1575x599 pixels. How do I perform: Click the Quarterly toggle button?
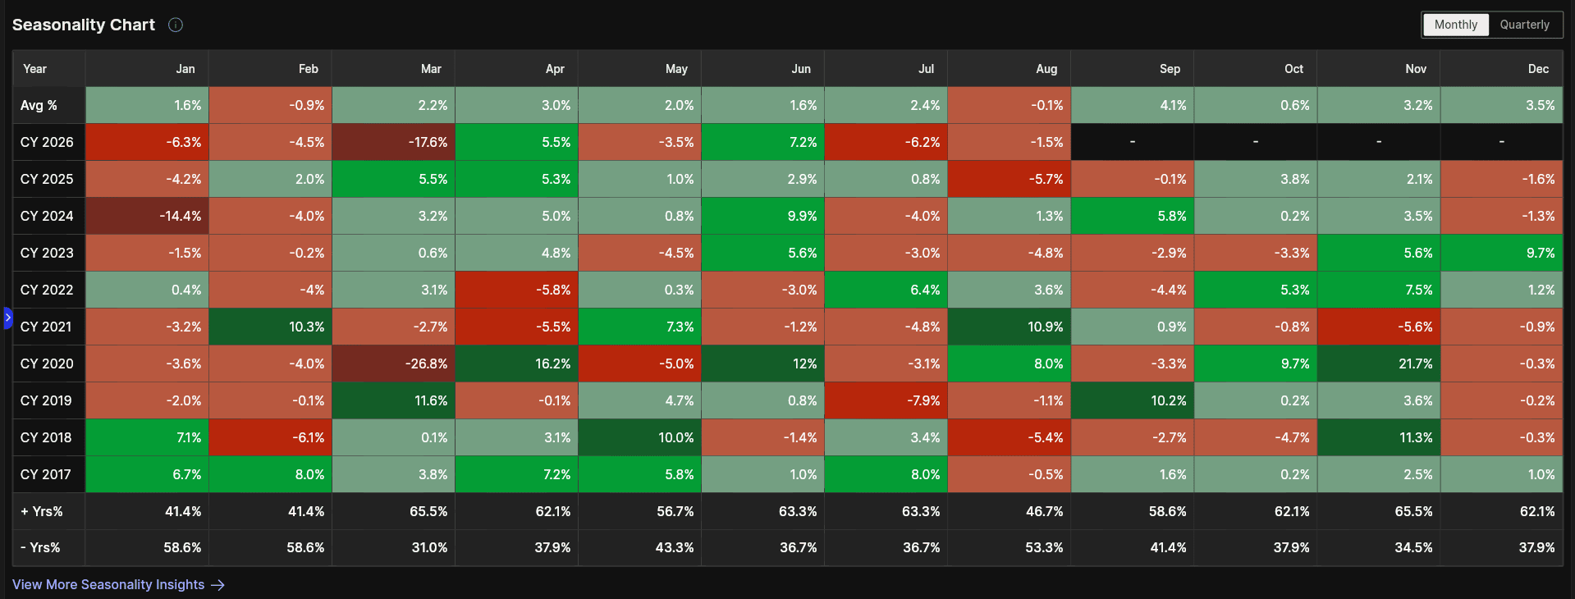tap(1525, 25)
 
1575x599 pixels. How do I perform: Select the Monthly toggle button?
tap(1456, 25)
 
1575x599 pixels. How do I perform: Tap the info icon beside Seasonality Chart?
tap(176, 25)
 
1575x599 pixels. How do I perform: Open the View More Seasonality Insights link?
tap(118, 584)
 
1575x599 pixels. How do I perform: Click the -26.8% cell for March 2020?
tap(394, 364)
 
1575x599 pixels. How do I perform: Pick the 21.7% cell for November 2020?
tap(1379, 364)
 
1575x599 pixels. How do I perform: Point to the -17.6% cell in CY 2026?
tap(394, 142)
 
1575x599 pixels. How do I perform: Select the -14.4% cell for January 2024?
tap(148, 216)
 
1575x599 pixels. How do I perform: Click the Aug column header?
tap(1046, 69)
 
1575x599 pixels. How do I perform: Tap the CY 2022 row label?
tap(47, 290)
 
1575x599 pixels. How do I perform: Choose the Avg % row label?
tap(39, 105)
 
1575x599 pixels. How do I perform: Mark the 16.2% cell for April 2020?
tap(517, 364)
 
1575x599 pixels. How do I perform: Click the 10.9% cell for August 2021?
tap(1010, 327)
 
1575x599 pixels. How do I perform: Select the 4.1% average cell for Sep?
tap(1133, 105)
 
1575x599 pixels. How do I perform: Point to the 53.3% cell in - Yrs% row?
tap(1010, 547)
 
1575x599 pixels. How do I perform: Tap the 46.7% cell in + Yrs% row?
tap(1010, 511)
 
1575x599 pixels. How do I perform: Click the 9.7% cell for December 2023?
tap(1502, 253)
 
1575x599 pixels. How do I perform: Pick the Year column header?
tap(34, 69)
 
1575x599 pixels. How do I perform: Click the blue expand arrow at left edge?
tap(8, 318)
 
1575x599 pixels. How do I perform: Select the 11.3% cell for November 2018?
tap(1379, 437)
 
